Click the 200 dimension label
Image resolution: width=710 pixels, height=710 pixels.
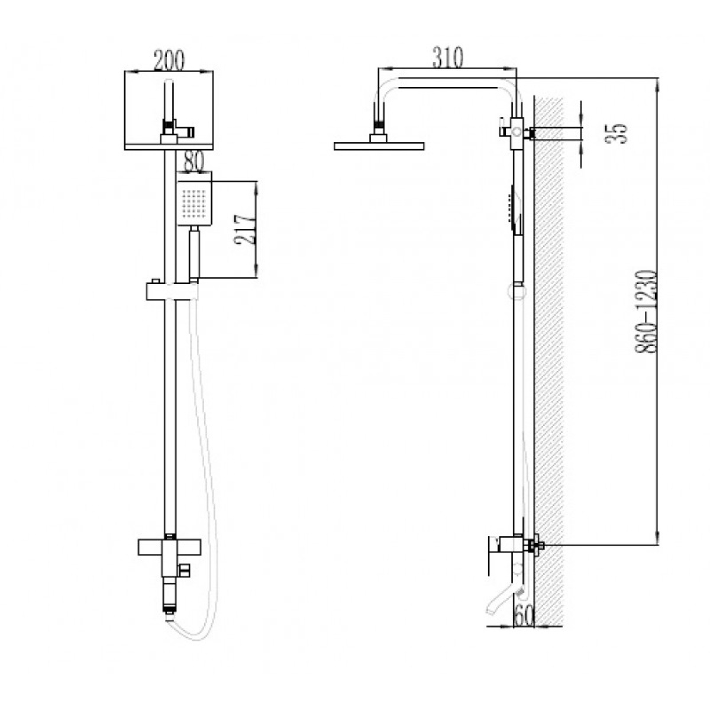(x=169, y=60)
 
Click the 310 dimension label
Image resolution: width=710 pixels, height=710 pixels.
(x=448, y=58)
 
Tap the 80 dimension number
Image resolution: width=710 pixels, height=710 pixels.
(x=194, y=162)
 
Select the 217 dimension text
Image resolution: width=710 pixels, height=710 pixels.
(x=244, y=229)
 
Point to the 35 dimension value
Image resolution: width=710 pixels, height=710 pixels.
(x=616, y=134)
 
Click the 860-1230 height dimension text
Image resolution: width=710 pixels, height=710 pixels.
(x=647, y=312)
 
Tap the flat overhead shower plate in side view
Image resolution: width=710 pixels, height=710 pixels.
(x=379, y=146)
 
